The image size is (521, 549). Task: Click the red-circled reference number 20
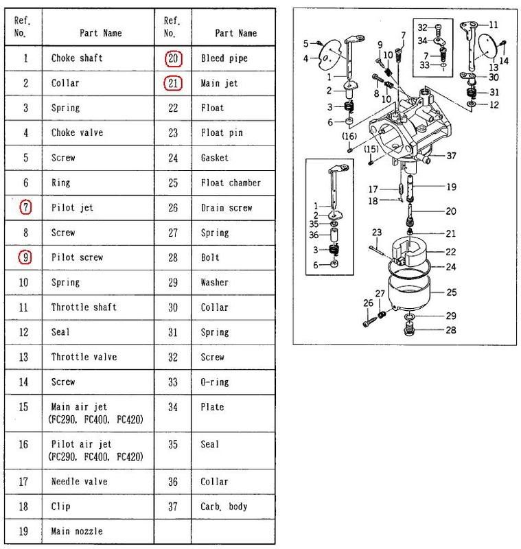pyautogui.click(x=174, y=59)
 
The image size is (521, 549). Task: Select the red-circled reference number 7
pyautogui.click(x=25, y=207)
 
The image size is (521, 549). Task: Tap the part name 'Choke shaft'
pyautogui.click(x=77, y=59)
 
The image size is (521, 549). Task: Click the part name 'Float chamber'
pyautogui.click(x=231, y=183)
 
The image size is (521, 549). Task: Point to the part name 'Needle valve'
pyautogui.click(x=80, y=481)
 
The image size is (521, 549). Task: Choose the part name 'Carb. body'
pyautogui.click(x=225, y=506)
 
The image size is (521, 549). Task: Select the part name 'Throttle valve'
pyautogui.click(x=84, y=357)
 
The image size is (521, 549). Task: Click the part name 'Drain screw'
pyautogui.click(x=227, y=208)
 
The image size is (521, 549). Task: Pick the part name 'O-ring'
pyautogui.click(x=215, y=382)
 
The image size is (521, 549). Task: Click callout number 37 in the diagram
pyautogui.click(x=451, y=156)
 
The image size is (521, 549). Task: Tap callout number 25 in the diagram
pyautogui.click(x=451, y=292)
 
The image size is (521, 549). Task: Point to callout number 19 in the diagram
pyautogui.click(x=451, y=187)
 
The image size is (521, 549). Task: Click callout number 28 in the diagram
pyautogui.click(x=451, y=331)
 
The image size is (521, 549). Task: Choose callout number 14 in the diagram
pyautogui.click(x=505, y=60)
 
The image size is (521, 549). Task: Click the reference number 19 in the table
pyautogui.click(x=25, y=531)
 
